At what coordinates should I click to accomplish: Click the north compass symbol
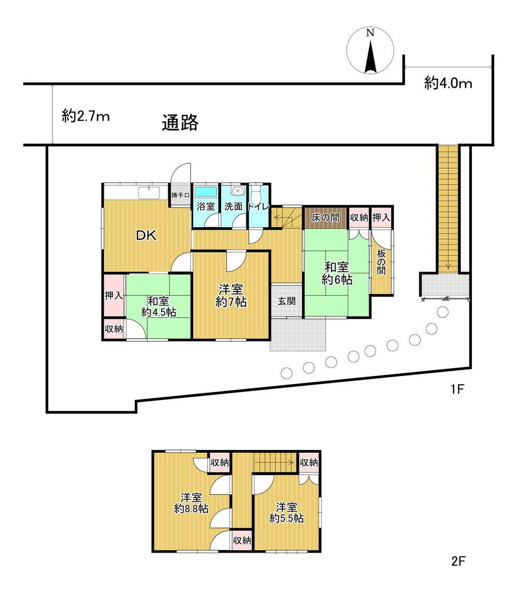[x=370, y=51]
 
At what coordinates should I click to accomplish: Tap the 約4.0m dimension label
[x=448, y=83]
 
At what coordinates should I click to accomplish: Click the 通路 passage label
[x=180, y=123]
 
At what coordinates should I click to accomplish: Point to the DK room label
[x=146, y=235]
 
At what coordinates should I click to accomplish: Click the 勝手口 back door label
[x=181, y=196]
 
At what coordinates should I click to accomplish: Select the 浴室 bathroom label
[x=205, y=206]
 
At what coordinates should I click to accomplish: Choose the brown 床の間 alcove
[x=325, y=218]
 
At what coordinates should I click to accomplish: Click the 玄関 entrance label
[x=286, y=300]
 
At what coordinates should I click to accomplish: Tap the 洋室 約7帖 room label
[x=231, y=296]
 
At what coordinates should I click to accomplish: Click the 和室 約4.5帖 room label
[x=159, y=306]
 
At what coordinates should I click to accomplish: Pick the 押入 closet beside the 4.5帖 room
[x=113, y=295]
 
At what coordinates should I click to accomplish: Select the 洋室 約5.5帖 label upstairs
[x=286, y=512]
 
